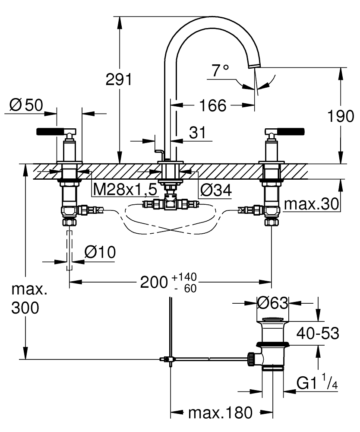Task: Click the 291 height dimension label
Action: pos(119,79)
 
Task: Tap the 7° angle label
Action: pos(220,70)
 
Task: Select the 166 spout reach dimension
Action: pos(212,105)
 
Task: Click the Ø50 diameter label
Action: pos(26,105)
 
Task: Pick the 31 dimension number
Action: pos(197,133)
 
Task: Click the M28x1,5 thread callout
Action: pos(125,190)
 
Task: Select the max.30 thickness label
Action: pos(311,204)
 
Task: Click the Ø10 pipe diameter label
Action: pos(100,252)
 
